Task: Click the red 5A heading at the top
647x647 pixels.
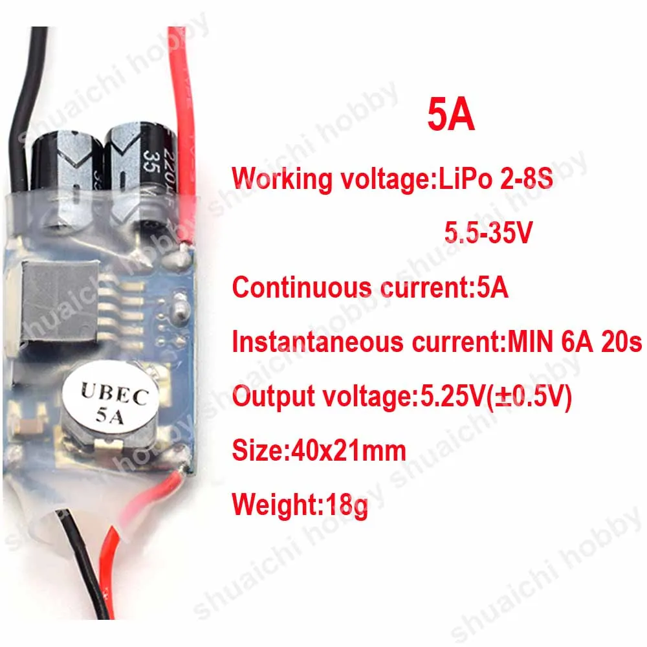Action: (x=451, y=115)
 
